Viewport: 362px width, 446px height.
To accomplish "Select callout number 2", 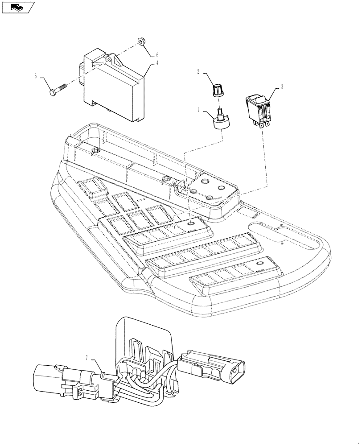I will (199, 71).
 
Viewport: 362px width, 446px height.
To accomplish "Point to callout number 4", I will (157, 63).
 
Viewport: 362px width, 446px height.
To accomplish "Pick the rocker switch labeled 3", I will (257, 106).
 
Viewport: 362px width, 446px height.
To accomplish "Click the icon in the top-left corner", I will (18, 7).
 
